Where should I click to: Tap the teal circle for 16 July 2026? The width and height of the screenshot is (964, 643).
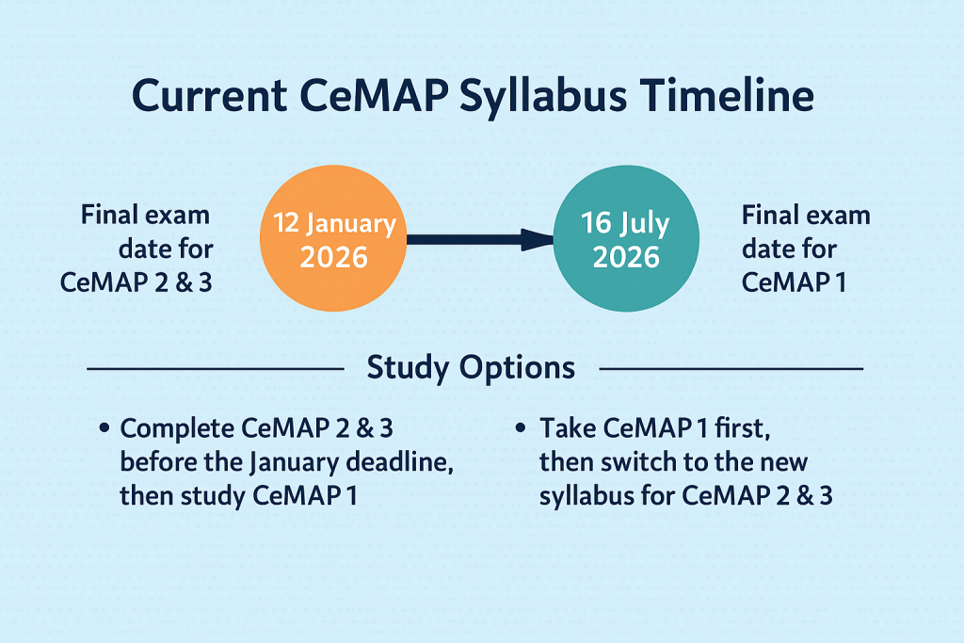tap(625, 240)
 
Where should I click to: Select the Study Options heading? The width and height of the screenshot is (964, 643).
tap(471, 367)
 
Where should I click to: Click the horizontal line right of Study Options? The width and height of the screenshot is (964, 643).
tap(731, 368)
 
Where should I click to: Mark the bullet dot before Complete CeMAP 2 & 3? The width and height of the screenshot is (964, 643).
tap(104, 429)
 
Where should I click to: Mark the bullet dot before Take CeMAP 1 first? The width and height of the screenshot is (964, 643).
tap(522, 429)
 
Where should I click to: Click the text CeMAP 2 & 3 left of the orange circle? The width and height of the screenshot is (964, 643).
tap(136, 281)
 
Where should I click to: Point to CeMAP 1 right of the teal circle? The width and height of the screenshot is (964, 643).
tap(793, 281)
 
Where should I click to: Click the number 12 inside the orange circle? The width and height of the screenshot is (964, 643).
tap(288, 224)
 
